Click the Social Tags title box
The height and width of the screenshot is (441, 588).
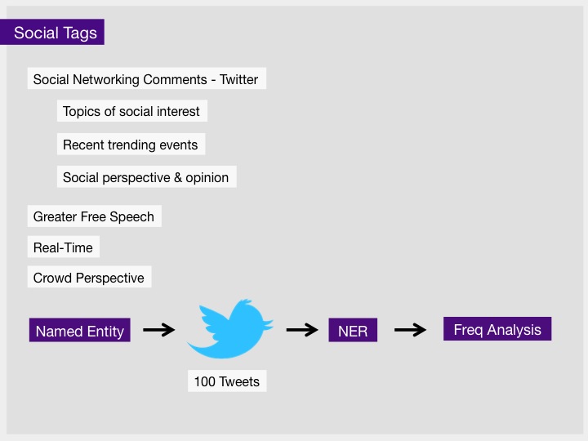52,32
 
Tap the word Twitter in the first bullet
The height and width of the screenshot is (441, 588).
238,79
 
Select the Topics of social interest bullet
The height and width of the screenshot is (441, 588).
132,111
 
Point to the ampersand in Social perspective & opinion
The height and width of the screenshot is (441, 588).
178,177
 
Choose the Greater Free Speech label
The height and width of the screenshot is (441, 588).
95,216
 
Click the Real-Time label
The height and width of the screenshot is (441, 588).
64,247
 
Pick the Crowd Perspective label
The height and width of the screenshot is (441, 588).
89,278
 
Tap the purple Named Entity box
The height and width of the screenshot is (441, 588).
80,331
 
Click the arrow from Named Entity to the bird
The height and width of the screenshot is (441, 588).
159,330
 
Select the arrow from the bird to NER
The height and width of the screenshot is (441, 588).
302,330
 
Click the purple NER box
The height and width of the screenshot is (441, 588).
353,331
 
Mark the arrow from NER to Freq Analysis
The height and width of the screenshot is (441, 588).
410,330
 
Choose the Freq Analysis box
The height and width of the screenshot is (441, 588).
497,329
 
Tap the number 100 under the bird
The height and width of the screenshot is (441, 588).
205,381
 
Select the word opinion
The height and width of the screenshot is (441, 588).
207,178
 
